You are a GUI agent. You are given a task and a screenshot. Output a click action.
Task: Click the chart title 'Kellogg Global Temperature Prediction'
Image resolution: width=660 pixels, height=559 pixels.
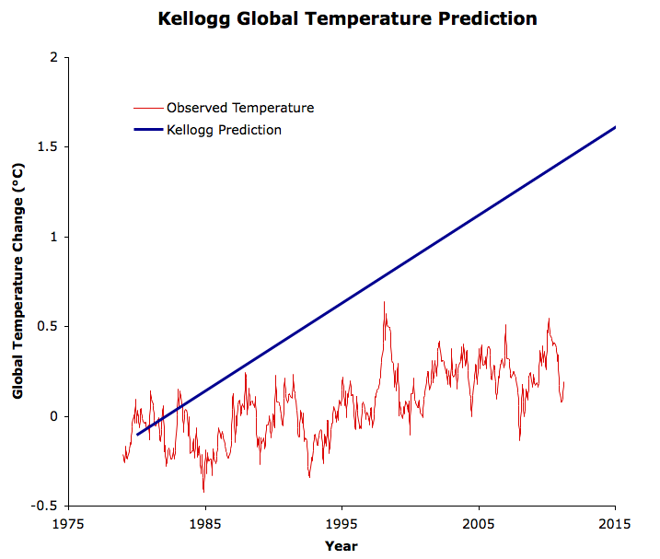coord(334,18)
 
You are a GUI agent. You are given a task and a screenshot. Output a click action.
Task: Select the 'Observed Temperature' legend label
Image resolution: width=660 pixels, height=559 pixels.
coord(240,108)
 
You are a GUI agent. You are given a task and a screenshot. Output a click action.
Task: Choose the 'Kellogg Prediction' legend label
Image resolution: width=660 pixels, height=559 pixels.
coord(224,130)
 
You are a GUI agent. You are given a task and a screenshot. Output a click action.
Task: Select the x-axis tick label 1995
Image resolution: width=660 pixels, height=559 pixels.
coord(342,524)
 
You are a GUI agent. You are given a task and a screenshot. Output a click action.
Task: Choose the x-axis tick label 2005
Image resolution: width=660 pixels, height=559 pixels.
coord(479,524)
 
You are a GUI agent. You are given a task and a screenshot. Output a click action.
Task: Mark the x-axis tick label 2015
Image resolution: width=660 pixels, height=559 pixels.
coord(615,524)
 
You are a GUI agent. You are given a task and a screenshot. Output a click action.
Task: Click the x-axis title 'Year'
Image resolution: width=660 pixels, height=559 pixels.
coord(341,545)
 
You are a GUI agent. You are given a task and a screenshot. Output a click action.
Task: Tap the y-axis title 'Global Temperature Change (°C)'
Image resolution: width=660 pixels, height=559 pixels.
coord(17,281)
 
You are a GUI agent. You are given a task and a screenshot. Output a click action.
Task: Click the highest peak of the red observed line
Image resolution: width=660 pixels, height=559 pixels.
coord(384,302)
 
